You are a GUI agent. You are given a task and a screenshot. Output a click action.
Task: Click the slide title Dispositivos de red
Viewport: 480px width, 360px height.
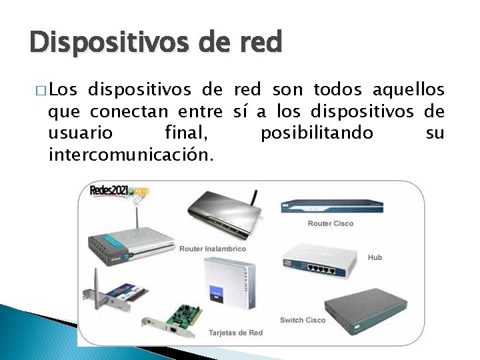pos(156,43)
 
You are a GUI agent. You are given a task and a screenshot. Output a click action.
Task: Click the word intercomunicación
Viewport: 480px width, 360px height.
pos(131,155)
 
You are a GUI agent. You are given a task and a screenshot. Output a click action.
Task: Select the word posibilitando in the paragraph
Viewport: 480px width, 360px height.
pos(317,133)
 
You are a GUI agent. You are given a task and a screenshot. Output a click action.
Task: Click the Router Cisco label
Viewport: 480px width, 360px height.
pos(331,223)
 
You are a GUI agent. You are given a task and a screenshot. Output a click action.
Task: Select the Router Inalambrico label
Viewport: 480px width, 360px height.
pos(212,249)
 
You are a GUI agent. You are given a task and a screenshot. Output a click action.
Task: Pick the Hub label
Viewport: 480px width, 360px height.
pos(375,257)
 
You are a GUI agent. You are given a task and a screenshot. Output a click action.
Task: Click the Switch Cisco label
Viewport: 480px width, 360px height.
pos(303,320)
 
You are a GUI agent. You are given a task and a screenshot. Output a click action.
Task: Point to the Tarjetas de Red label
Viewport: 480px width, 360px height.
pos(235,332)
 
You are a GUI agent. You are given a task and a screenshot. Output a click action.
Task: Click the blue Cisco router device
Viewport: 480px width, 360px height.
pos(331,206)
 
